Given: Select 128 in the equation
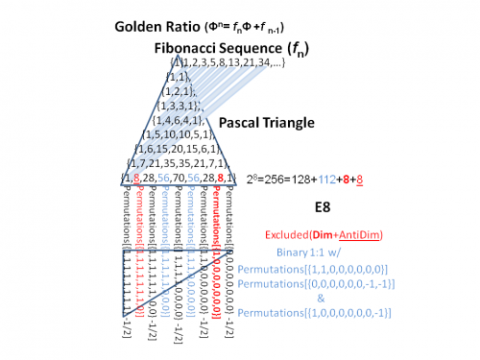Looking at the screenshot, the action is point(300,179).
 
